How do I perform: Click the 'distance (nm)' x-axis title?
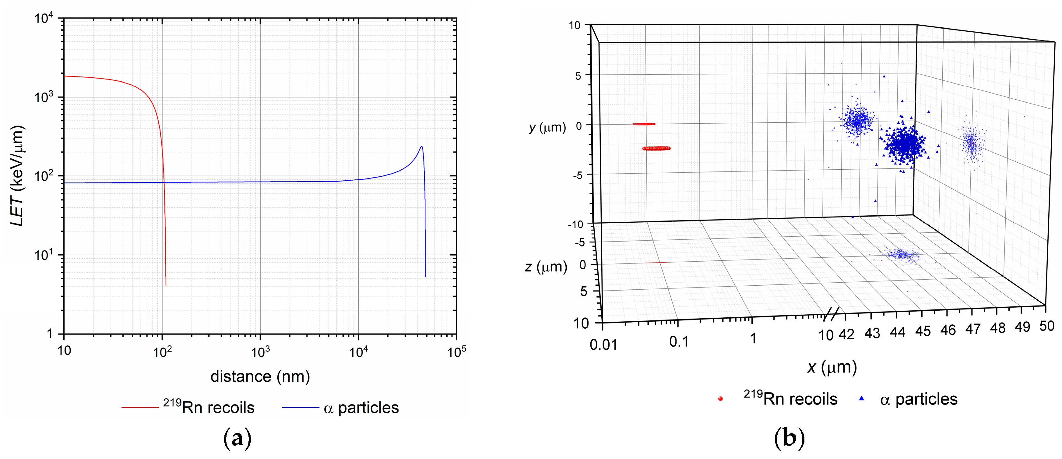click(x=260, y=376)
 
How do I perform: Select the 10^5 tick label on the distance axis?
click(x=457, y=352)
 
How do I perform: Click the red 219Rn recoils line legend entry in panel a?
click(x=140, y=408)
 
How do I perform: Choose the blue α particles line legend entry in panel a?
click(x=301, y=408)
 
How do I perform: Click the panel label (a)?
click(x=237, y=438)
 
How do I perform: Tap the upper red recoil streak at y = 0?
click(x=644, y=124)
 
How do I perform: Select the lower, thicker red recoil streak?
click(x=656, y=148)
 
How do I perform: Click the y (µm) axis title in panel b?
click(x=547, y=127)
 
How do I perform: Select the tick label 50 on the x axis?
click(x=1047, y=326)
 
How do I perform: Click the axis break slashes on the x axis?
click(x=831, y=315)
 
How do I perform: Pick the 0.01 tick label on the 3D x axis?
click(x=603, y=344)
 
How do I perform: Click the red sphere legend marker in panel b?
click(x=720, y=398)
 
